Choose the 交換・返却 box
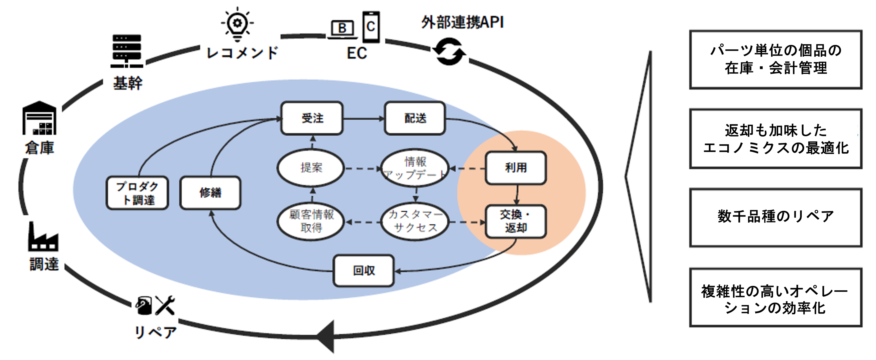pyautogui.click(x=516, y=221)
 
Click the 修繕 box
pyautogui.click(x=210, y=193)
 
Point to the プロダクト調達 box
pyautogui.click(x=137, y=193)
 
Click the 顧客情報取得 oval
pyautogui.click(x=311, y=221)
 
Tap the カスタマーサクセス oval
pyautogui.click(x=415, y=221)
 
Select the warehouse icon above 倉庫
pyautogui.click(x=40, y=118)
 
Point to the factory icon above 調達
pyautogui.click(x=43, y=237)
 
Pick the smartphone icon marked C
pyautogui.click(x=371, y=27)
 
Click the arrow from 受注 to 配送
pyautogui.click(x=363, y=119)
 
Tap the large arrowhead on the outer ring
pyautogui.click(x=326, y=337)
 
